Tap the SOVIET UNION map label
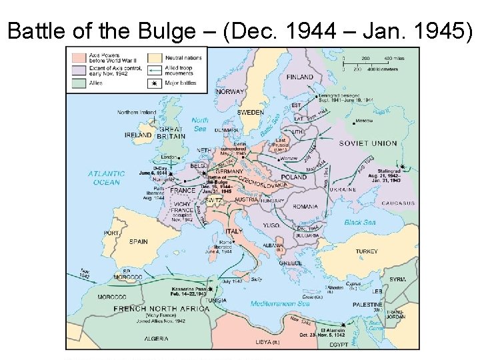(367, 143)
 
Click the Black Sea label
(359, 222)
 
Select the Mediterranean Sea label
(280, 304)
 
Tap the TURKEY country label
(366, 251)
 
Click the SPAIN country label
(138, 241)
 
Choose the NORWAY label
(230, 91)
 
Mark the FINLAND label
(299, 77)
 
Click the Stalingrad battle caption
(386, 175)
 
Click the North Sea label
(200, 124)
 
